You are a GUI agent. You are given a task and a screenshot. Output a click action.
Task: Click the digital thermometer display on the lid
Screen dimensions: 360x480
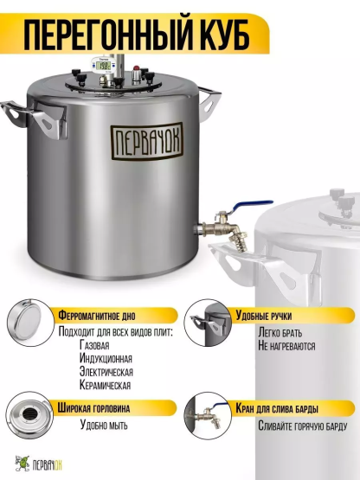[x=104, y=65]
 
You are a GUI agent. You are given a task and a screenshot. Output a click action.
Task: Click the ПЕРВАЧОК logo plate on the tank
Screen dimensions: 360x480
[x=147, y=142]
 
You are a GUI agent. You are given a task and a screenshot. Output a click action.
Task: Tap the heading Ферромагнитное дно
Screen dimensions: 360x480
[x=97, y=316]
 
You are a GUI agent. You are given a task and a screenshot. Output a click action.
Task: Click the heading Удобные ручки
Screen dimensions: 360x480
[x=263, y=316]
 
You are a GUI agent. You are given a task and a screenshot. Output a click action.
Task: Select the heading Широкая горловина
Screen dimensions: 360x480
[x=93, y=408]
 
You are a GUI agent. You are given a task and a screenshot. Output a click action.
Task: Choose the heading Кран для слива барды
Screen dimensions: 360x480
[x=277, y=408]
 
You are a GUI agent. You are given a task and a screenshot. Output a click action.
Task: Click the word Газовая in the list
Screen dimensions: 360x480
[x=94, y=345]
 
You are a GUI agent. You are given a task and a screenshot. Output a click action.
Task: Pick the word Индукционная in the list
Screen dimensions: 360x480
[x=106, y=358]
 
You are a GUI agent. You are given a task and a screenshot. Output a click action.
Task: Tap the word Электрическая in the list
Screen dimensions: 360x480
[x=106, y=372]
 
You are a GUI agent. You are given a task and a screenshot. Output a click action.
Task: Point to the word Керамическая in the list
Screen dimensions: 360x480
[x=105, y=385]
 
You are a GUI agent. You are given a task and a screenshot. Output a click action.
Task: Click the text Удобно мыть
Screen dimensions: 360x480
[x=104, y=425]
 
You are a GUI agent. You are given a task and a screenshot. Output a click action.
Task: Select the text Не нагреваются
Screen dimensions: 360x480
[x=286, y=346]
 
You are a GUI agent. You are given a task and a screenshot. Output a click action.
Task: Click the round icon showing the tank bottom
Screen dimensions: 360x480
[x=30, y=323]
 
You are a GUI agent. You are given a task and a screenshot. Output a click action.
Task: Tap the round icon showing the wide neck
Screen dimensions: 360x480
[x=29, y=415]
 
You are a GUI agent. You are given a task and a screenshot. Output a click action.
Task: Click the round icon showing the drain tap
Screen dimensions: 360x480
[x=208, y=416]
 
